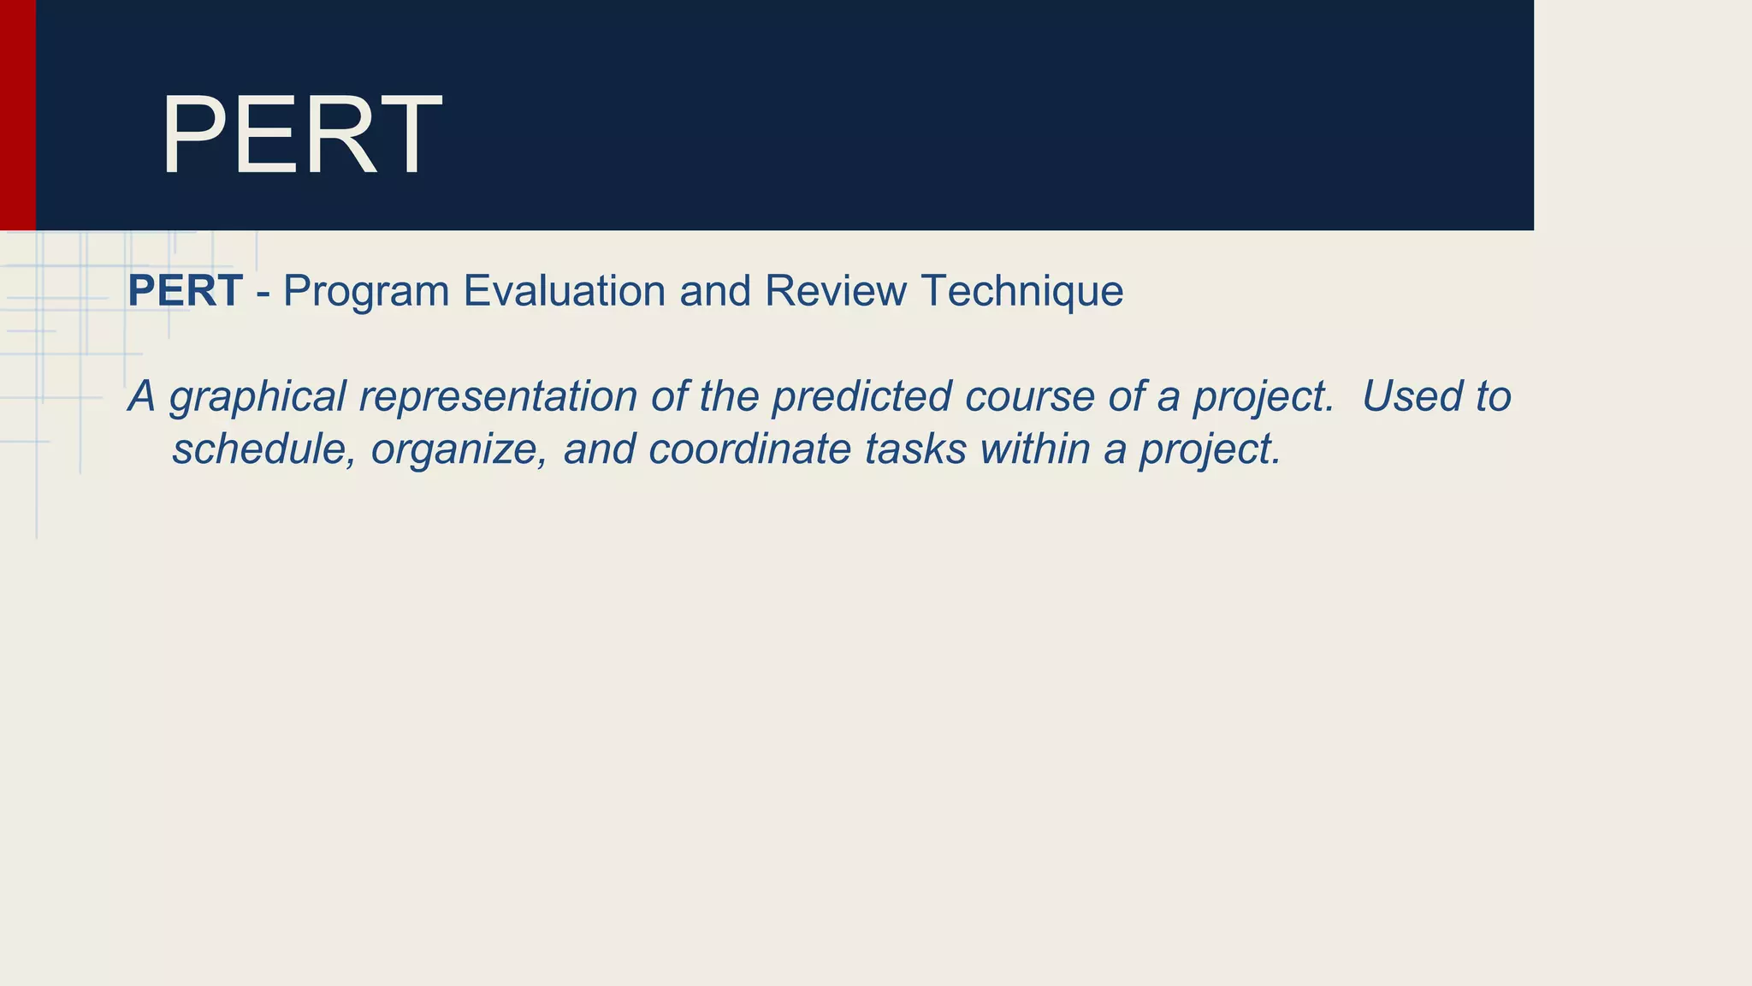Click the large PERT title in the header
click(x=301, y=135)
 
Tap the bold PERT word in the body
click(x=185, y=291)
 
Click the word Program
click(x=366, y=292)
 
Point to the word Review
click(x=835, y=291)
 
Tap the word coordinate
click(x=749, y=449)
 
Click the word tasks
click(x=914, y=449)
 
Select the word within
click(x=1034, y=449)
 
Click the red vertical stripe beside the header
click(x=17, y=115)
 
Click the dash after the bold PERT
click(x=263, y=294)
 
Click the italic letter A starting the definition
click(x=142, y=396)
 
